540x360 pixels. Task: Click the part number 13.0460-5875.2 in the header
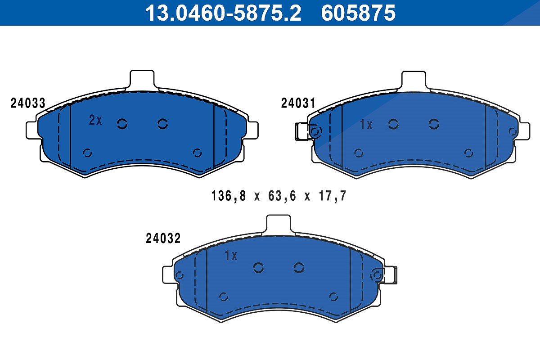(223, 13)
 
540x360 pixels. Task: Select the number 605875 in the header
(358, 13)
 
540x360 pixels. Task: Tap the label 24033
(28, 103)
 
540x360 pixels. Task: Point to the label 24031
(298, 103)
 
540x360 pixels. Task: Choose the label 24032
(163, 238)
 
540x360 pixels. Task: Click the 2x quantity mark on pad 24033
(95, 120)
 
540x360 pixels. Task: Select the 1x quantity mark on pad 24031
(366, 125)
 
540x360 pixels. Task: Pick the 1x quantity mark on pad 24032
(231, 255)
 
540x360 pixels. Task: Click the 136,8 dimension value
(229, 196)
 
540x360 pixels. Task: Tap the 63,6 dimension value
(282, 196)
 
